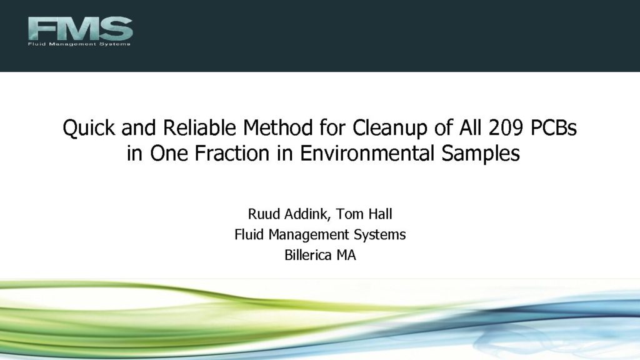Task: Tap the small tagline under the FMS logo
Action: pyautogui.click(x=79, y=44)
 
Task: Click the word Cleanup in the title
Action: pyautogui.click(x=390, y=128)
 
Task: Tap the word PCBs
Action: pyautogui.click(x=554, y=127)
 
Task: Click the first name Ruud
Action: pyautogui.click(x=264, y=214)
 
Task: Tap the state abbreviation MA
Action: pyautogui.click(x=346, y=255)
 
